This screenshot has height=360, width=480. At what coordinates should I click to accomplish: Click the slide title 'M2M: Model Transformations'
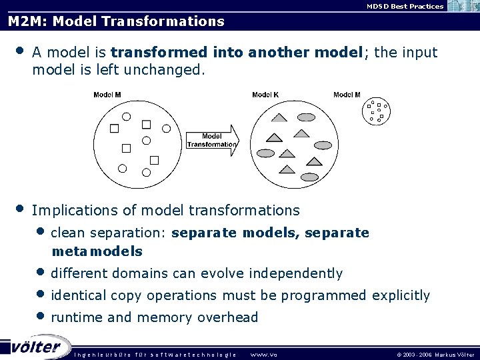(116, 21)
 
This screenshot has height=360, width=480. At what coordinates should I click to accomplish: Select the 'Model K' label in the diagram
(265, 95)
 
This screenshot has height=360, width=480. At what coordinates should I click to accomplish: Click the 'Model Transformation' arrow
(211, 140)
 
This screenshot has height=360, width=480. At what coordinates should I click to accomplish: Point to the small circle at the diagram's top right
(377, 111)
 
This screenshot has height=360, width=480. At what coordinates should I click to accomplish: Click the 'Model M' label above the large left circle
(107, 95)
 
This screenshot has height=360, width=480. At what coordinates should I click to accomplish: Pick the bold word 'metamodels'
(97, 251)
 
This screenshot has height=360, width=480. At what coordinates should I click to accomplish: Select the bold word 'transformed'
(159, 52)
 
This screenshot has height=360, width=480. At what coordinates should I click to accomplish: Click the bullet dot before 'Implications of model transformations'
(21, 209)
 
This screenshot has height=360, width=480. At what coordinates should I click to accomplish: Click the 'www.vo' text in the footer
(264, 354)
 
